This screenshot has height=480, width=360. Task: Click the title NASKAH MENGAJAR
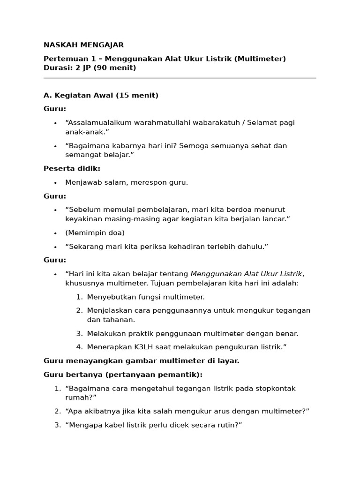tap(83, 45)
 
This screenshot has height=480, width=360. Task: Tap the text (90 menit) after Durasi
tap(115, 67)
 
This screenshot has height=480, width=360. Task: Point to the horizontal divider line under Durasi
tap(180, 78)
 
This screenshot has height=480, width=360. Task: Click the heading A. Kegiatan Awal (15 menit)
tap(101, 95)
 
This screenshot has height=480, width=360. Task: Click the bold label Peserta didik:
tap(72, 168)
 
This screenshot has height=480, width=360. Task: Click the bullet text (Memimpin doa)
tap(95, 232)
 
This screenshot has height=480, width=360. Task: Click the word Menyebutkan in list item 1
tap(109, 297)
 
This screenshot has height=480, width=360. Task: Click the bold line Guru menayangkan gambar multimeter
tap(141, 360)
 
